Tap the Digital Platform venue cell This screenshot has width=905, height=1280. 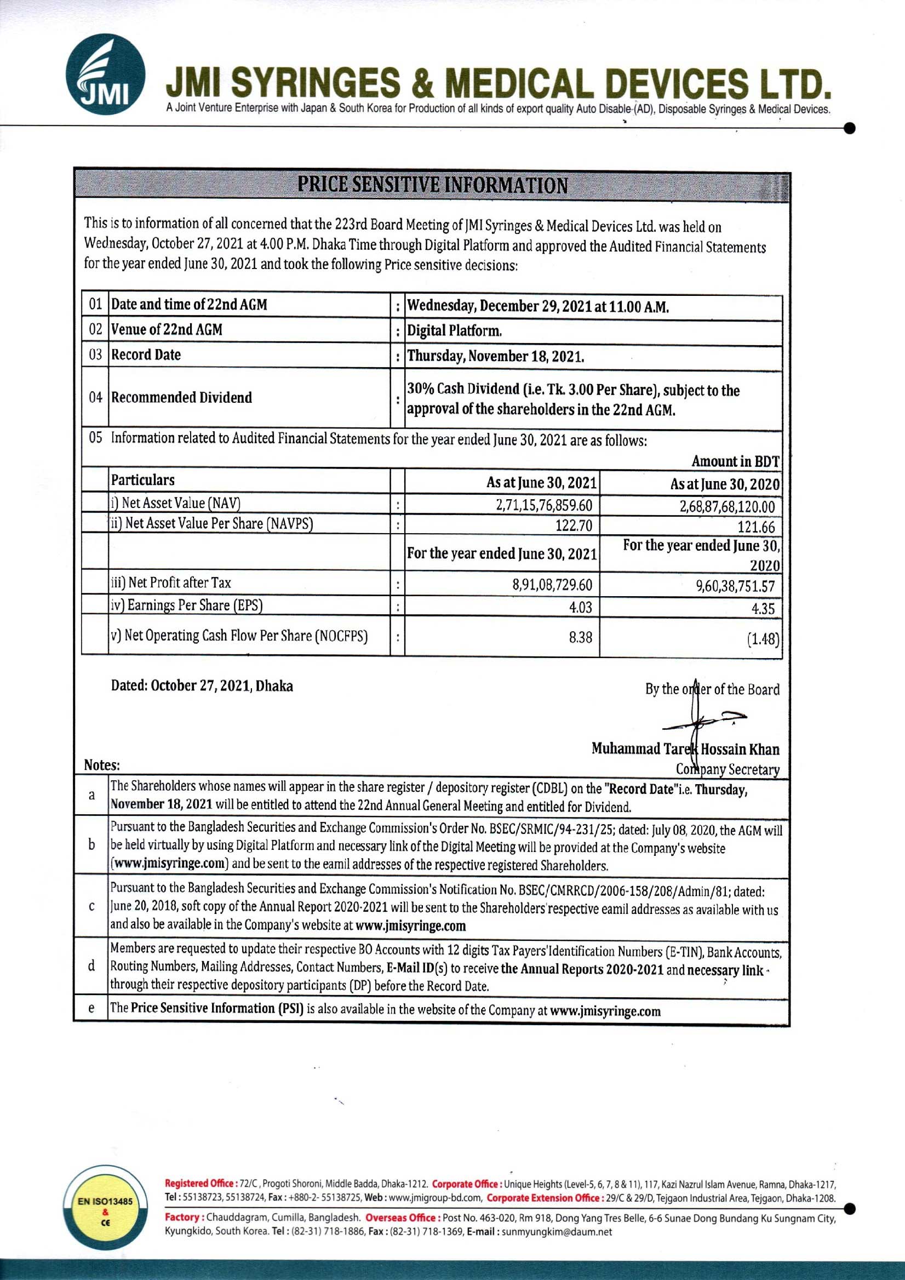coord(454,331)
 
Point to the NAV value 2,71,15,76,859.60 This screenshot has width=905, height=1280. coord(544,505)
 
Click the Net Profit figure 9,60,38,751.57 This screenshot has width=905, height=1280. coord(735,585)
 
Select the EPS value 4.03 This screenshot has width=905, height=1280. coord(580,607)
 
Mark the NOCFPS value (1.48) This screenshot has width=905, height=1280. coord(763,639)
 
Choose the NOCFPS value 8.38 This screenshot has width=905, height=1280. coord(580,637)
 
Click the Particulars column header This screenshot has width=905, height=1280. coord(142,480)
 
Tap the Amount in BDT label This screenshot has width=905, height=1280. coord(735,461)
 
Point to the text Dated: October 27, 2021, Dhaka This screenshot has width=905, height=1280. coord(202,685)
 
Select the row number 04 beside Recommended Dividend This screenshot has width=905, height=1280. coord(95,397)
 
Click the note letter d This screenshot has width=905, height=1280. coord(91,965)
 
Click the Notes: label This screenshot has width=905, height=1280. coord(102,765)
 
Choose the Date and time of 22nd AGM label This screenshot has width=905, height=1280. coord(189,305)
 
